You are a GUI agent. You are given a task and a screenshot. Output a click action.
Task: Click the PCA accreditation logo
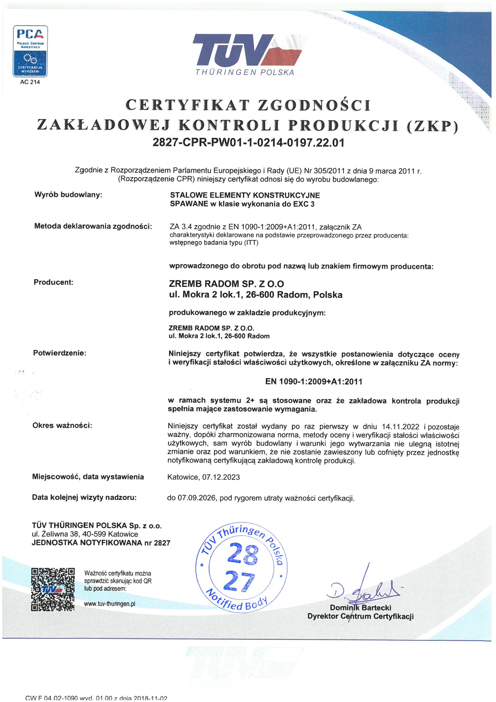(30, 51)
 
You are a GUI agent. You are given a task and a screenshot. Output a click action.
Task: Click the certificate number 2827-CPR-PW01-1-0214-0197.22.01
(248, 143)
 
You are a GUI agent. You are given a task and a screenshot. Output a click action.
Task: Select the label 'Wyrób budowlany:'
(68, 195)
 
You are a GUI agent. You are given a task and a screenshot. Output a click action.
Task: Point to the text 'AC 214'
(30, 82)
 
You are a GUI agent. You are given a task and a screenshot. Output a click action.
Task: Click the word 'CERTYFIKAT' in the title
(187, 105)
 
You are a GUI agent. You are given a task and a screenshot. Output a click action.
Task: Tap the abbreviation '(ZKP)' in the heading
(433, 126)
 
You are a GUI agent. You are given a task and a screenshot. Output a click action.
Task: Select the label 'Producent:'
(53, 282)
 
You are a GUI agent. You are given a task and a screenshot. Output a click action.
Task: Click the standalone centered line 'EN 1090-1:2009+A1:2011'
(314, 382)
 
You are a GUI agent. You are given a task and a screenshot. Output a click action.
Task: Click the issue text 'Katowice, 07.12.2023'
(203, 477)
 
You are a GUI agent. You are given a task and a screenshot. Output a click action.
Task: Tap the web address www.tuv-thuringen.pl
(110, 604)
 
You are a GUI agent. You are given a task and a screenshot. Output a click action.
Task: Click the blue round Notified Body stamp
(242, 568)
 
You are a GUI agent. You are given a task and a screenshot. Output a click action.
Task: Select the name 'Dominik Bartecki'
(360, 608)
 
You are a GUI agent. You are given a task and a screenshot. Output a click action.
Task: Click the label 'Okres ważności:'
(62, 425)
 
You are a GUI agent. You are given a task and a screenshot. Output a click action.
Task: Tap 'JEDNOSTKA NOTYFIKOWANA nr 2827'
(101, 543)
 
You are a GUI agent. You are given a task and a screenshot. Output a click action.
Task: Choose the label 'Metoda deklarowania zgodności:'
(93, 226)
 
